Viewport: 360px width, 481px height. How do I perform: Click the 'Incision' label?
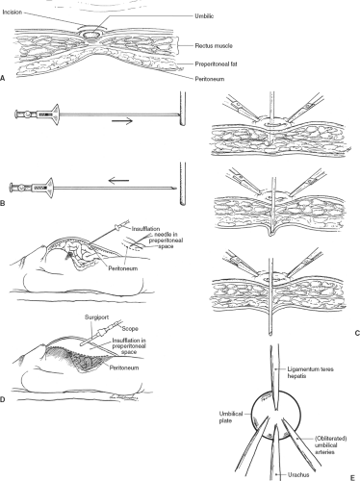13,13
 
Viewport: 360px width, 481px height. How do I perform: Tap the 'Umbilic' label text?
204,16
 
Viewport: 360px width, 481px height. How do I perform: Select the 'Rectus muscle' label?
214,46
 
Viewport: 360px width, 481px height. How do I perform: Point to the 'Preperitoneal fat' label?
216,64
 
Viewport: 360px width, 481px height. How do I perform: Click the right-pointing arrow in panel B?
122,121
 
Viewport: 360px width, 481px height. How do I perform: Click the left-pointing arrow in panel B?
118,181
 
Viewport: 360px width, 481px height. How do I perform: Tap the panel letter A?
3,77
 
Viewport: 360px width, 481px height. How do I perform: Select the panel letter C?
357,333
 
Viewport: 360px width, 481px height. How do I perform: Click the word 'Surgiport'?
96,317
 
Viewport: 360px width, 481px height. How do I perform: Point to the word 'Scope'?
130,329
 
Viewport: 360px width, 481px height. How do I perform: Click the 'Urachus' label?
298,475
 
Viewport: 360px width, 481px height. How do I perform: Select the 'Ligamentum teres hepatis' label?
306,372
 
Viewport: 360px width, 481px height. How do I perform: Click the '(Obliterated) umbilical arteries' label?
331,445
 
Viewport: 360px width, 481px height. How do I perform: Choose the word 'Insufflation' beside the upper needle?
145,229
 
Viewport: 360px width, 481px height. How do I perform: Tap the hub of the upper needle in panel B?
51,114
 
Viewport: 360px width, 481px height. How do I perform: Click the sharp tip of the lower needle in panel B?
176,189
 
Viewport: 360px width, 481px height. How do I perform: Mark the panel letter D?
3,399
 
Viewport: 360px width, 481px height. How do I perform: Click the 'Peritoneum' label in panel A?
210,79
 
